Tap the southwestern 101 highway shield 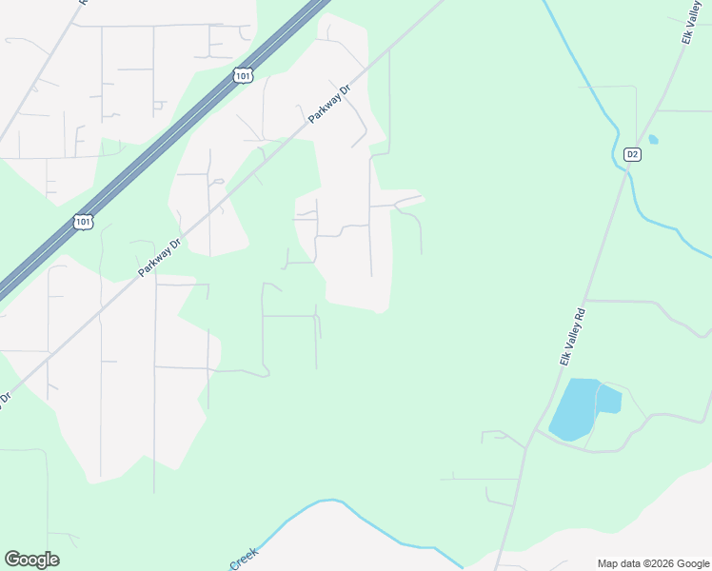pos(83,222)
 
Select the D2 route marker pos(632,154)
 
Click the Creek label pos(244,558)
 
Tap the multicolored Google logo pos(31,560)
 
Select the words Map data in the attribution pos(618,563)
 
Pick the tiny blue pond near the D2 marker pos(653,139)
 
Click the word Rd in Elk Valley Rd pos(579,318)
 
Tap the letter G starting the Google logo pos(12,560)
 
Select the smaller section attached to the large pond pos(609,400)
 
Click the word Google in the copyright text pos(688,563)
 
